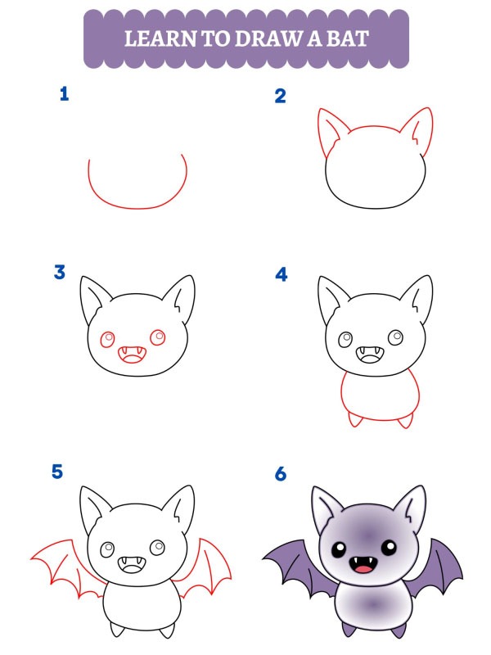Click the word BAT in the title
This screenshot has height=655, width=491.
(347, 38)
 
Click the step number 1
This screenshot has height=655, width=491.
(64, 95)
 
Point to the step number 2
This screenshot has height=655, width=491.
(281, 97)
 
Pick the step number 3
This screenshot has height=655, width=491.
(60, 273)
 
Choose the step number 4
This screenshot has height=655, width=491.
(282, 274)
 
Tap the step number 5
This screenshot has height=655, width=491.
(57, 472)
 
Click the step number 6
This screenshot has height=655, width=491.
(282, 474)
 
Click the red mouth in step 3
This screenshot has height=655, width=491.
(131, 355)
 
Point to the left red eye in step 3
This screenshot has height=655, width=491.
(108, 339)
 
